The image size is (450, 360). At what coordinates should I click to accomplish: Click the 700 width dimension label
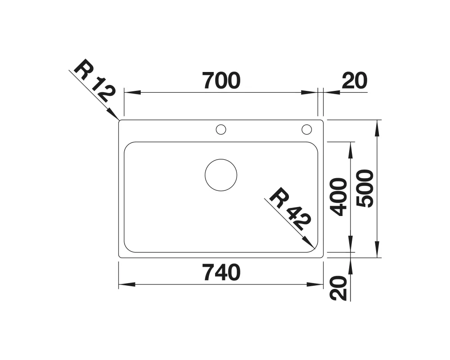pyautogui.click(x=221, y=81)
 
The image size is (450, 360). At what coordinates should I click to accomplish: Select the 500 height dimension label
pyautogui.click(x=365, y=189)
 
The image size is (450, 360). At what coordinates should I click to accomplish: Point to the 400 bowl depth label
pyautogui.click(x=338, y=197)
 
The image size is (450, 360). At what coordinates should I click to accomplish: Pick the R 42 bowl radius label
pyautogui.click(x=290, y=209)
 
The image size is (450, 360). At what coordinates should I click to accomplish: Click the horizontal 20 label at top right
pyautogui.click(x=355, y=81)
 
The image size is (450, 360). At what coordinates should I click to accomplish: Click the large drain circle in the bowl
pyautogui.click(x=221, y=175)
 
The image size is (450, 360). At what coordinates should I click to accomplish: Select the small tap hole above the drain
pyautogui.click(x=221, y=130)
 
